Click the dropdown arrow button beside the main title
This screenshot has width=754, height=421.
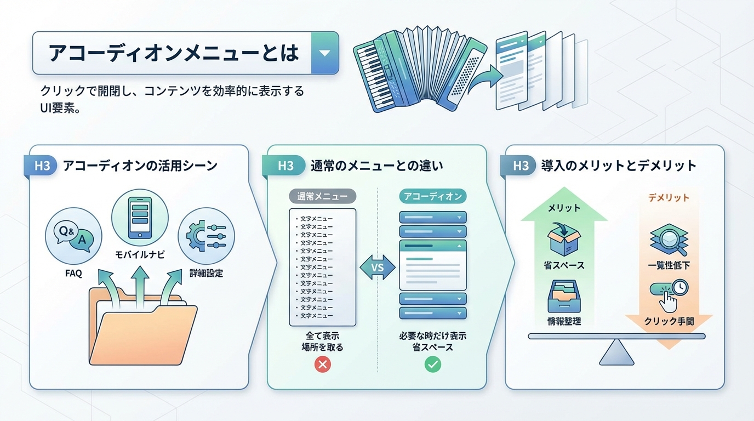pyautogui.click(x=324, y=53)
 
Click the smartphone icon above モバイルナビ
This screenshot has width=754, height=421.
pyautogui.click(x=139, y=218)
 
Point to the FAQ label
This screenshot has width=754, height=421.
pyautogui.click(x=73, y=272)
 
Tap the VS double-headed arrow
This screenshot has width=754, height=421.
pyautogui.click(x=378, y=268)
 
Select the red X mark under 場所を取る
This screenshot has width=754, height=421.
pyautogui.click(x=323, y=364)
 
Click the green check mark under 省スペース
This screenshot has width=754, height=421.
pyautogui.click(x=432, y=364)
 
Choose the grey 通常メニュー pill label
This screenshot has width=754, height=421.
pyautogui.click(x=322, y=196)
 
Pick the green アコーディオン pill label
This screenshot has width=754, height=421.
pyautogui.click(x=432, y=196)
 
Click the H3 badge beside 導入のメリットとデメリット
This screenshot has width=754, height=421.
pyautogui.click(x=521, y=166)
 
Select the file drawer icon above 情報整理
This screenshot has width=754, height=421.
pyautogui.click(x=564, y=297)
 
